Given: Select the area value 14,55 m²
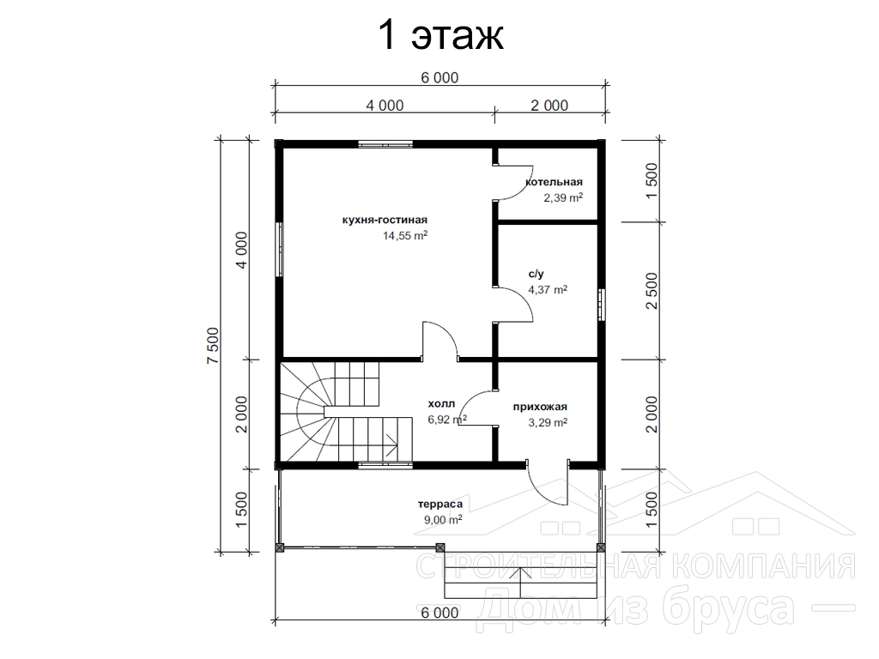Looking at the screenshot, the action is tap(405, 236).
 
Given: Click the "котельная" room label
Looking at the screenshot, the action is tap(554, 182).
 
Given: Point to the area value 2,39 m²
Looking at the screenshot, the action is tap(563, 198).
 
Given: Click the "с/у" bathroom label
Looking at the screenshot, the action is tap(536, 274).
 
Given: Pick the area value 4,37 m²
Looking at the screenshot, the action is tap(548, 290).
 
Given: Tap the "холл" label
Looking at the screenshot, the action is tap(442, 403).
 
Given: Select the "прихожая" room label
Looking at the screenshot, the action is tap(540, 407).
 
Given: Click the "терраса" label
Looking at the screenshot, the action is tap(440, 505).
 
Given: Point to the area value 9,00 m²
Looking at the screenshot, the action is tap(443, 520).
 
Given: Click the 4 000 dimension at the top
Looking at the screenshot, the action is tap(385, 106).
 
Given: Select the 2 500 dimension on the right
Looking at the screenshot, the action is tap(652, 291).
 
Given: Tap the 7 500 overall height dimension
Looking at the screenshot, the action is tap(213, 345).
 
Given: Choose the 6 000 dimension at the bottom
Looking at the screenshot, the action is tap(439, 613).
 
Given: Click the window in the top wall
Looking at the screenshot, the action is tap(385, 144).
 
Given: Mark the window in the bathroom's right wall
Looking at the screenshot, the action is tap(601, 305).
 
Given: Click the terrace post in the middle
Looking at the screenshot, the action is tap(440, 547).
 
